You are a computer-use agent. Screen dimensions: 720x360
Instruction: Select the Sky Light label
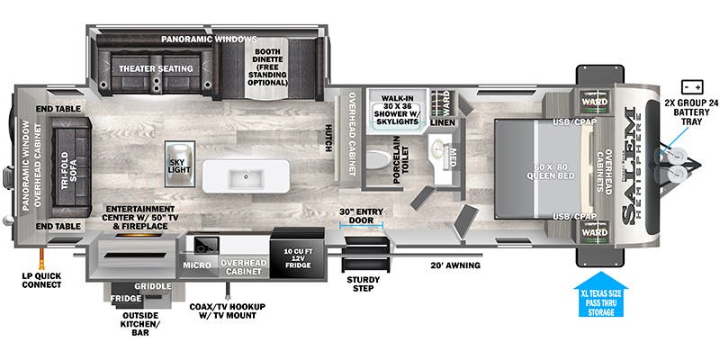[x=179, y=166]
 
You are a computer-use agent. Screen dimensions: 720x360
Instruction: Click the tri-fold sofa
[x=71, y=167]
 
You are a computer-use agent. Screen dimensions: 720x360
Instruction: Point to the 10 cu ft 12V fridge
[x=297, y=255]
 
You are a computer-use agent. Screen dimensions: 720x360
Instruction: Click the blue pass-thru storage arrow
[x=600, y=294]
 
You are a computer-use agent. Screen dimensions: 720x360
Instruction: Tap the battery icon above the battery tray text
[x=692, y=85]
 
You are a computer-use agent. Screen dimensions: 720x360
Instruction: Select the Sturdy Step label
[x=364, y=283]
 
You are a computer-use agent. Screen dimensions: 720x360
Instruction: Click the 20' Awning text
[x=455, y=265]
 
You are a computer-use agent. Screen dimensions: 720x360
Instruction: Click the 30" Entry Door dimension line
[x=362, y=224]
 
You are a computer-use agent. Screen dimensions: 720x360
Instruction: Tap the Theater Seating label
[x=156, y=69]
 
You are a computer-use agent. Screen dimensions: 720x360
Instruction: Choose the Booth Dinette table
[x=266, y=68]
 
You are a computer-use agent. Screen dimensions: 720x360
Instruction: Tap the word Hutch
[x=328, y=138]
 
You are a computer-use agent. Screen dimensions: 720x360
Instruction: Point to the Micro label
[x=197, y=265]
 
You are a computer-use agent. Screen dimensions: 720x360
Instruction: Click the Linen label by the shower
[x=443, y=122]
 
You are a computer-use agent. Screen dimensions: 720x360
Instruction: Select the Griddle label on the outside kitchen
[x=153, y=286]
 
